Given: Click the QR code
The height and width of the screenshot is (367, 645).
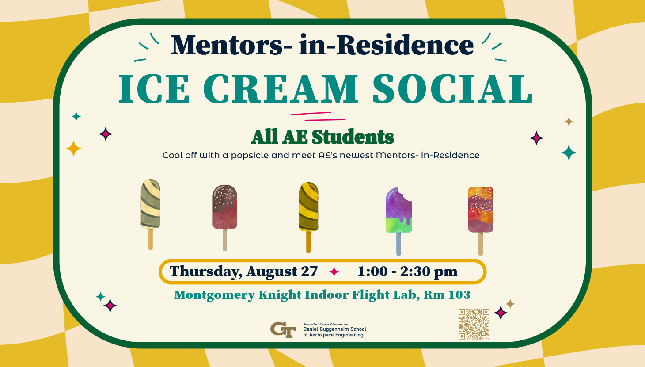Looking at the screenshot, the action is tap(474, 324).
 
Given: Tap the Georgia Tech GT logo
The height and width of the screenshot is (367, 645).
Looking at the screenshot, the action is tap(283, 329).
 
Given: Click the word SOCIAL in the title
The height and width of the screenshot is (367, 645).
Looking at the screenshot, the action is tap(453, 88).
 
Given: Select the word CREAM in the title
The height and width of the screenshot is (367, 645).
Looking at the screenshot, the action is tap(281, 88).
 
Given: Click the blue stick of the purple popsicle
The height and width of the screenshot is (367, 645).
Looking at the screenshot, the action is tap(399, 244).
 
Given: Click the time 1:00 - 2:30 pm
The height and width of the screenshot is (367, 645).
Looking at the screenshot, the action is tap(407, 271).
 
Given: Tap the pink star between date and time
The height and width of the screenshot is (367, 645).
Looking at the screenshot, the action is tap(334, 271).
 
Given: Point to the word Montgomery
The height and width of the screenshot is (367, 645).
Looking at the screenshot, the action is tap(215, 295).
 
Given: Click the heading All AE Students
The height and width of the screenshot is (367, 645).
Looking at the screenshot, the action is tap(322, 137).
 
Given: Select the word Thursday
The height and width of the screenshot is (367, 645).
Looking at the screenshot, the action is tap(205, 272).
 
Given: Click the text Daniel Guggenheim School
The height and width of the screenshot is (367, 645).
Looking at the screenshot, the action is tap(334, 329).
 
